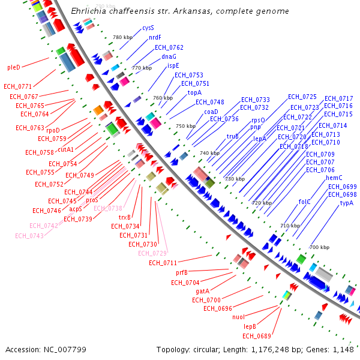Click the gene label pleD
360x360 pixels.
click(14, 67)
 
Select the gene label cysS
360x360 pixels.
click(148, 28)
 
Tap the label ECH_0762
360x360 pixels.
click(169, 47)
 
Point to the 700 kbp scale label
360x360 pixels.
click(319, 247)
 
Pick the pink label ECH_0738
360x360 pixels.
click(107, 208)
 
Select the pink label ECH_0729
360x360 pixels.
click(152, 253)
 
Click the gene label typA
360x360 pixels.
click(347, 203)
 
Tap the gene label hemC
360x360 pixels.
click(334, 178)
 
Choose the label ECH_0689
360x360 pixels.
click(257, 336)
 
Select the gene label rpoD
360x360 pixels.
click(53, 130)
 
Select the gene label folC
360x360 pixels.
click(305, 202)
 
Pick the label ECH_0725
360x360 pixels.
click(302, 97)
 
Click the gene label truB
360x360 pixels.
click(233, 136)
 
